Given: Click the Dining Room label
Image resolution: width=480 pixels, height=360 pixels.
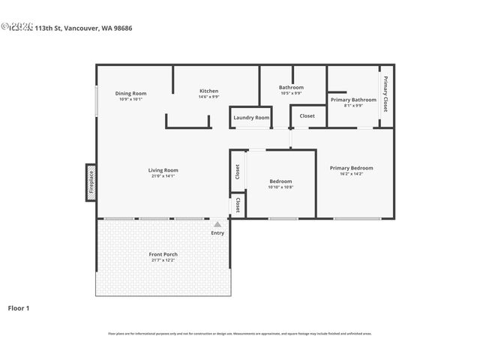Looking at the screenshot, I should (x=130, y=93).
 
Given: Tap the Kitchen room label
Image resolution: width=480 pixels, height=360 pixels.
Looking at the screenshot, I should (x=208, y=91).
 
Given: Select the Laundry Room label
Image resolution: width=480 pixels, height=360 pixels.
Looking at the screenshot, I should (x=250, y=118).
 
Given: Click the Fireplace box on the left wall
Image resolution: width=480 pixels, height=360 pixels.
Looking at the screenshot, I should (x=91, y=183).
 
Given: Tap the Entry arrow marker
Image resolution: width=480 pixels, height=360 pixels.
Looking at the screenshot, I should (x=217, y=224).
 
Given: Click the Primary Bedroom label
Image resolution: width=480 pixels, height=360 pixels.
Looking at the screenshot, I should (x=351, y=168).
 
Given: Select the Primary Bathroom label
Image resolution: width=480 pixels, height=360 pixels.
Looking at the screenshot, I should (x=353, y=100).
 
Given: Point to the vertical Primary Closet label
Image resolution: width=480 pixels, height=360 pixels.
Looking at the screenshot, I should (x=385, y=94).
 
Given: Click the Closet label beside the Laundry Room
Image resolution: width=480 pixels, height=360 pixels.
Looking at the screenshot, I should (x=307, y=116).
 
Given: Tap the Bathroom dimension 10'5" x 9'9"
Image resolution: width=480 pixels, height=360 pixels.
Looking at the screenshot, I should (x=291, y=93).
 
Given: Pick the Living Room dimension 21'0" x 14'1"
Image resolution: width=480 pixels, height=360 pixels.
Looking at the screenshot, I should (x=163, y=176).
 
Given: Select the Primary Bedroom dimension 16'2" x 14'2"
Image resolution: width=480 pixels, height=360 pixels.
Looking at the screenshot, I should (x=351, y=174).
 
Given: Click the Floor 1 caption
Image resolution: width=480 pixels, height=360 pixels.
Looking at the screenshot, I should (x=19, y=307).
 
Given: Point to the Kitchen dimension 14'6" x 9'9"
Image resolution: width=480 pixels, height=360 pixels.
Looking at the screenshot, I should (x=208, y=97).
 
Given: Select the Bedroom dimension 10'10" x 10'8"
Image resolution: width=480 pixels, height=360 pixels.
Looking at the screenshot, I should (x=280, y=187).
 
